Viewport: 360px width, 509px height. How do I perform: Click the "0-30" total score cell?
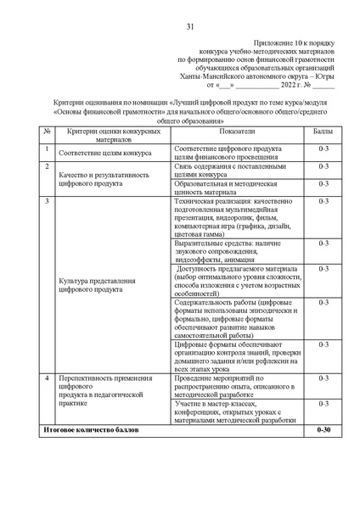322,431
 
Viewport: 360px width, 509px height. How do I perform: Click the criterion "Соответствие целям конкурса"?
104,154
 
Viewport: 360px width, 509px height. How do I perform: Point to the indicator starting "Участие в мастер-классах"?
235,411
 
